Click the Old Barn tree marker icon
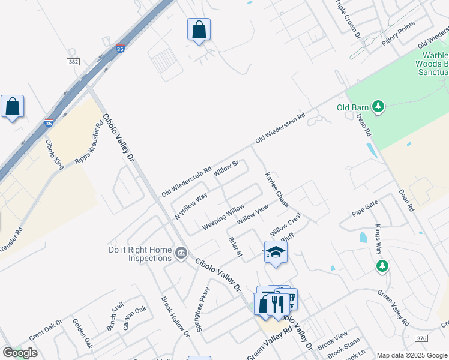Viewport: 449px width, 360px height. click(378, 107)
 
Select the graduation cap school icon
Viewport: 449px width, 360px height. click(276, 252)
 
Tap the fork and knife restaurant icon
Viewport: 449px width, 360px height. click(277, 304)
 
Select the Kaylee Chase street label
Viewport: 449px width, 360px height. click(277, 190)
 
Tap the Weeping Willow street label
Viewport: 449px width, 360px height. click(223, 216)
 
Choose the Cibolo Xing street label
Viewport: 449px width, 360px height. click(55, 155)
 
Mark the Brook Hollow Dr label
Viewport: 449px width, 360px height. click(175, 316)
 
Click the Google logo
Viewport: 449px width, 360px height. click(20, 353)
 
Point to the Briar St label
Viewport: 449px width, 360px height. click(235, 248)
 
